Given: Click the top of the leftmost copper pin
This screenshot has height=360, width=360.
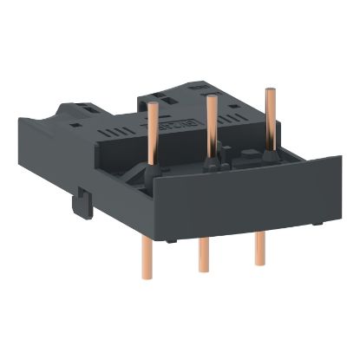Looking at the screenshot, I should pyautogui.click(x=153, y=106).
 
